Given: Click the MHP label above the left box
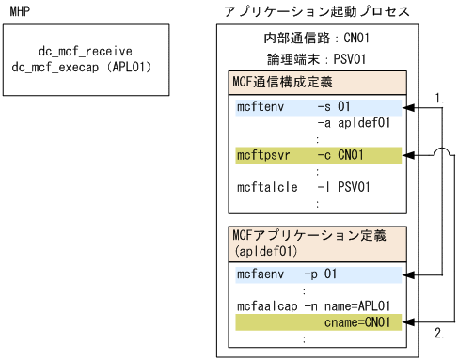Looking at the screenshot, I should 18,11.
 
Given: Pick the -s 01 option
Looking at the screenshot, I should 334,107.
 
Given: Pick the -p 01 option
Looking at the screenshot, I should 322,274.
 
